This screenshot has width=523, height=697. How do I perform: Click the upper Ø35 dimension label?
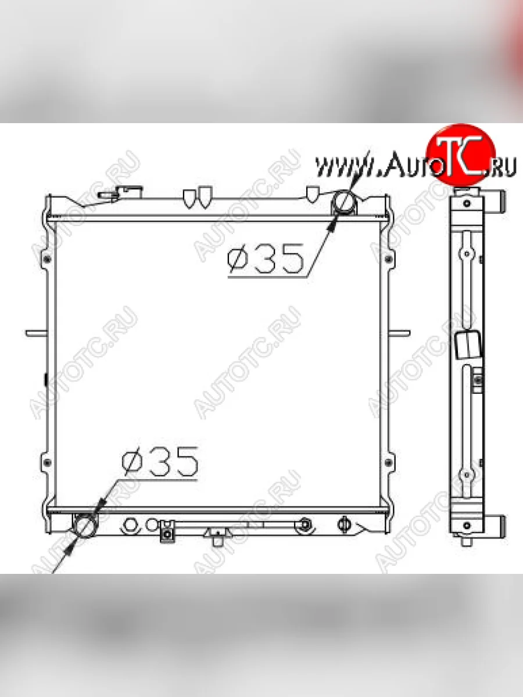tap(266, 259)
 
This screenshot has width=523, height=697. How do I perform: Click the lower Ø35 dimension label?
tap(160, 462)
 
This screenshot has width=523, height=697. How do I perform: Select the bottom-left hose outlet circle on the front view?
tap(84, 526)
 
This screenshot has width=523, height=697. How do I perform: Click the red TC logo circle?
tap(460, 155)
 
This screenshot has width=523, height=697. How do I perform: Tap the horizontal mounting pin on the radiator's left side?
tap(36, 333)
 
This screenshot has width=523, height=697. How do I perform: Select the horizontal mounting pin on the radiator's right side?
tap(399, 333)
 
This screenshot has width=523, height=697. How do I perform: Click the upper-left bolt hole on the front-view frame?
tap(47, 260)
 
